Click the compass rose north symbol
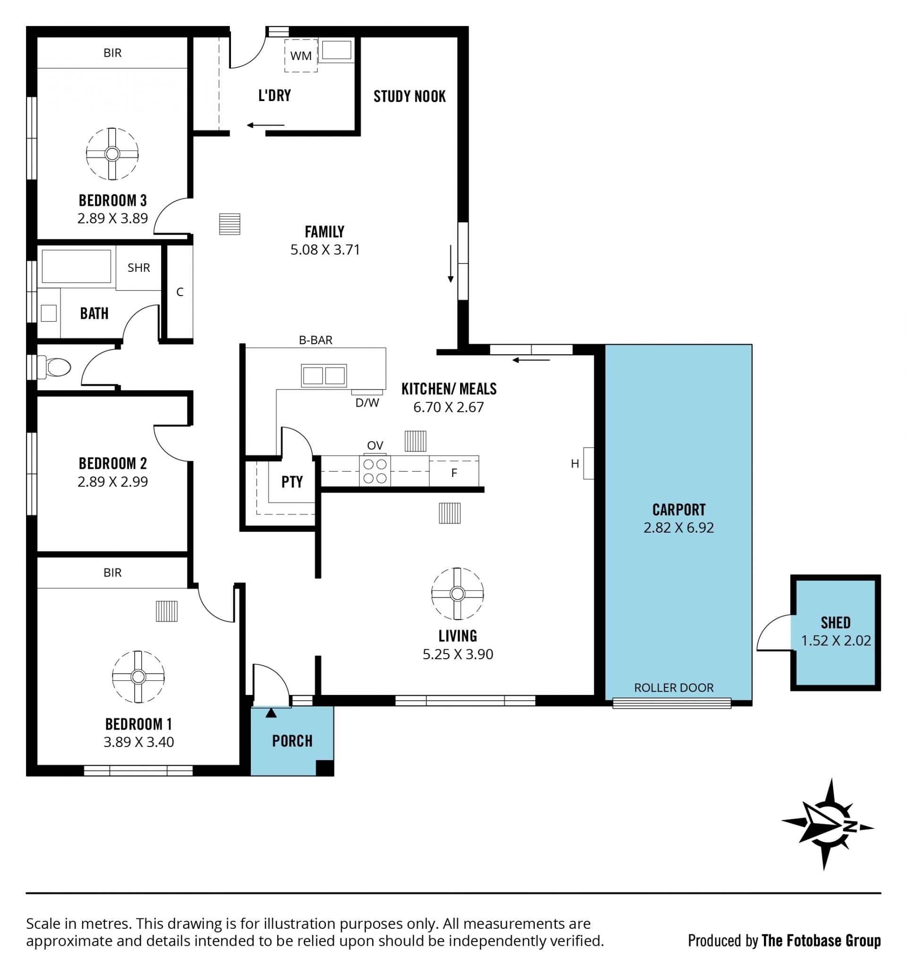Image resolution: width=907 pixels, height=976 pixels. [828, 824]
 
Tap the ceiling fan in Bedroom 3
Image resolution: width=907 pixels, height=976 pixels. [112, 154]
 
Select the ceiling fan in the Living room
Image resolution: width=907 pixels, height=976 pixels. [457, 594]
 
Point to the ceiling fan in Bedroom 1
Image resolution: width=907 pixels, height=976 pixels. [138, 677]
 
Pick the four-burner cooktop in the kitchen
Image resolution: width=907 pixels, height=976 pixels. [375, 471]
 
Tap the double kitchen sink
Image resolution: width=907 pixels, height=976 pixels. [324, 376]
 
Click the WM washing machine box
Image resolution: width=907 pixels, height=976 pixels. [301, 56]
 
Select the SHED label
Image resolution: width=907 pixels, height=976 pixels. [836, 623]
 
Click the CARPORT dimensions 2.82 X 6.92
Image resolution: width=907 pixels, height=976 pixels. [679, 528]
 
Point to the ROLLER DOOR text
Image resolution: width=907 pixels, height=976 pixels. [674, 687]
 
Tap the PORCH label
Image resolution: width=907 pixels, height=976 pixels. [292, 740]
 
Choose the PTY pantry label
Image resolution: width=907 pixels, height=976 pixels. [292, 482]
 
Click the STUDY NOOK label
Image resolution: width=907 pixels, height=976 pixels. [410, 96]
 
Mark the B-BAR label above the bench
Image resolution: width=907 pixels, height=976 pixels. [316, 340]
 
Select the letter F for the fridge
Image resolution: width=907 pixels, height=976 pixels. [454, 473]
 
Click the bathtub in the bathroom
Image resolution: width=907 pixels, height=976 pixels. [77, 266]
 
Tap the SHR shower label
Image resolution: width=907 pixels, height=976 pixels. [139, 268]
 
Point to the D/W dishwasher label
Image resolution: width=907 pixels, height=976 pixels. [367, 403]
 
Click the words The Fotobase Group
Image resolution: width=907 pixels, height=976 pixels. [821, 940]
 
